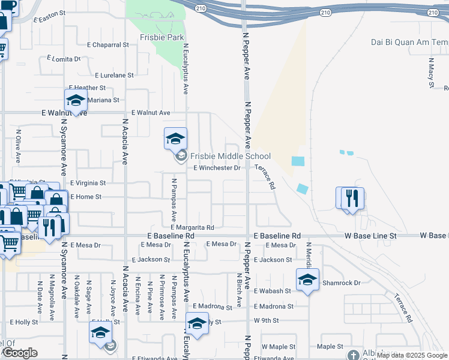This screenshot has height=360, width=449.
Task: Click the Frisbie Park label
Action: [153, 37]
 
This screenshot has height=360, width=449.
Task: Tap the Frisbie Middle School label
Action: [231, 157]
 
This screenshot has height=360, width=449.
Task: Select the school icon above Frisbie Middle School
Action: [176, 139]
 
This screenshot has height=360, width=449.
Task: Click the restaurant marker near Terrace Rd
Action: [352, 198]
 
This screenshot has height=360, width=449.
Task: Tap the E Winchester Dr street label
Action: [217, 168]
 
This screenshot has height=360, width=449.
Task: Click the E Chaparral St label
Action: [108, 44]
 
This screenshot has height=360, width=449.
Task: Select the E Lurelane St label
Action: [114, 75]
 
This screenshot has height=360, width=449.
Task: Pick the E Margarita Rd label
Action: [192, 227]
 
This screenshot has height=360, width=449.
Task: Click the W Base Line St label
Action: [371, 236]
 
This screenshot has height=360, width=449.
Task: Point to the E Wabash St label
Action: [272, 291]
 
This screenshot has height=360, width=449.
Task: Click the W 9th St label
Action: [267, 320]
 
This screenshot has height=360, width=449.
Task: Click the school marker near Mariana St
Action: [76, 100]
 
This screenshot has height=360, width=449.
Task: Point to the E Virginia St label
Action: [88, 182]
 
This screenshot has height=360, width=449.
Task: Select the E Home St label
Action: [86, 197]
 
